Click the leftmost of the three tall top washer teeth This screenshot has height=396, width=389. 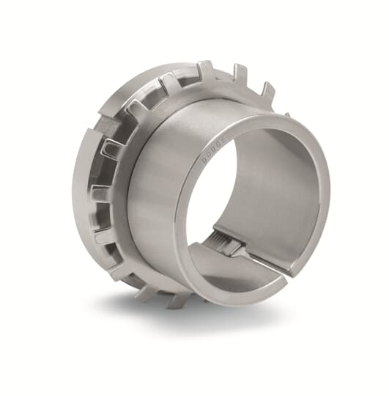pos(205,70)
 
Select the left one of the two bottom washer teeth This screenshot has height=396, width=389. pos(146,293)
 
